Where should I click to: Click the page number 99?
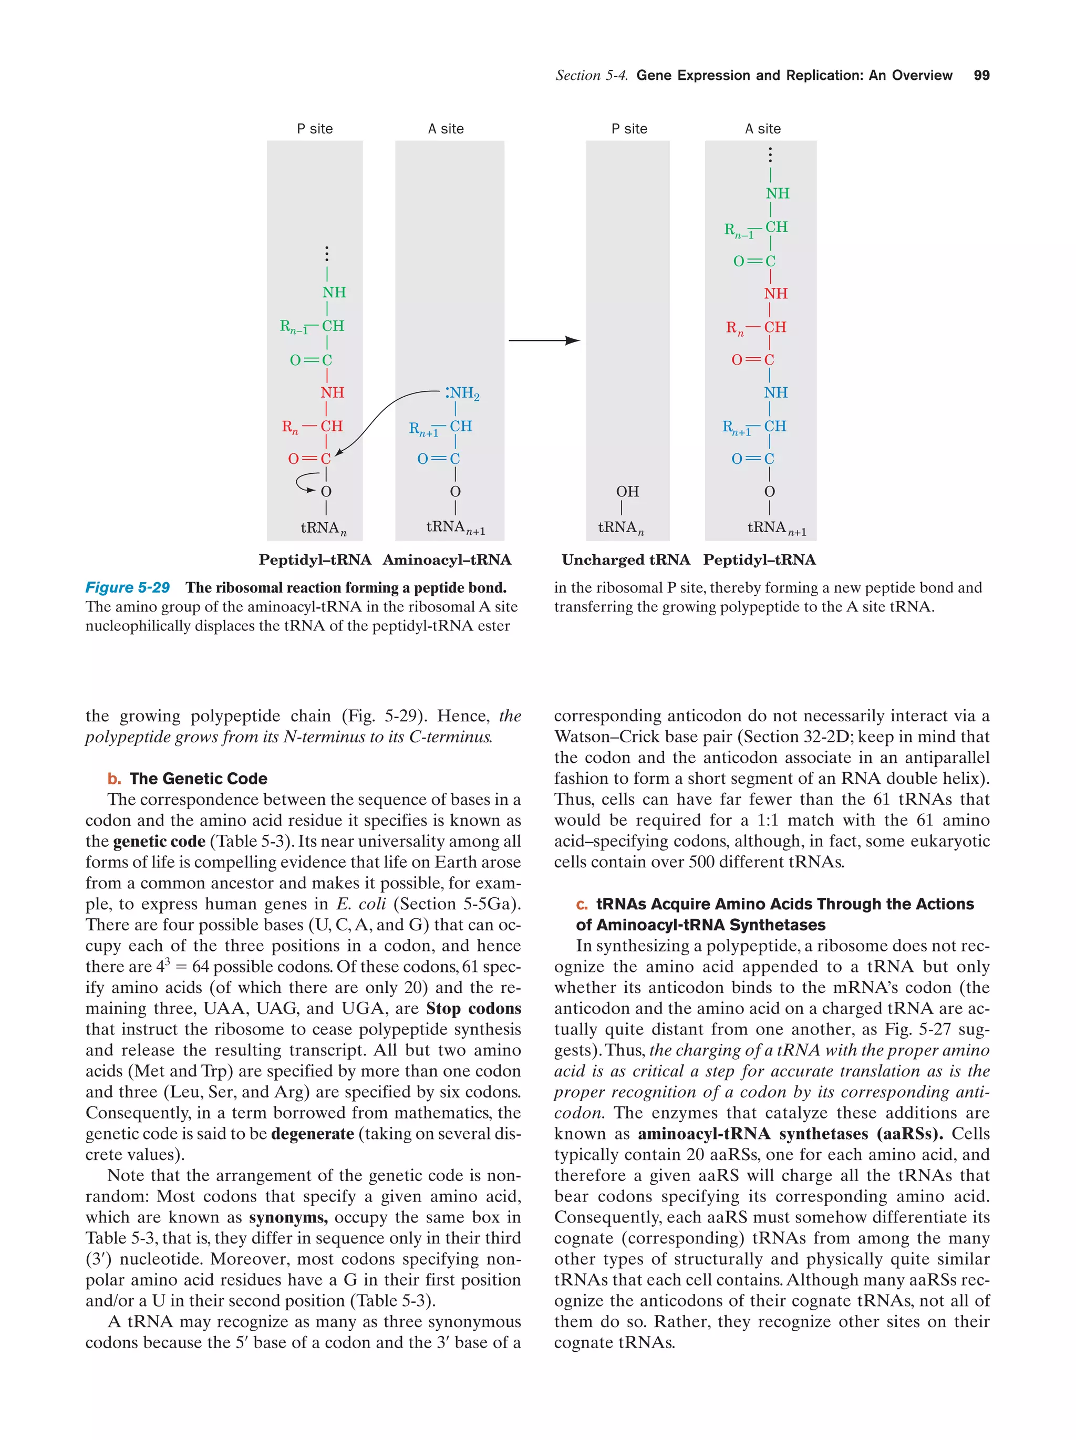[x=981, y=76]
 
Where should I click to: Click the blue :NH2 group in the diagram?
[x=462, y=393]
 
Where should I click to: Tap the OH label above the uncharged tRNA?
[x=627, y=492]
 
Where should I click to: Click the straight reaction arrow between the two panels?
[x=544, y=340]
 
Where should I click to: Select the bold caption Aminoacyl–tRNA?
[x=447, y=560]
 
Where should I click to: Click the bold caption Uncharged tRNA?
[x=626, y=560]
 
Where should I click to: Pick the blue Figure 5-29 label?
[x=128, y=587]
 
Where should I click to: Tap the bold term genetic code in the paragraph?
[x=159, y=841]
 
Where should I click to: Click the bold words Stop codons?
[x=473, y=1008]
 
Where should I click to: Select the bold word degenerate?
[x=313, y=1133]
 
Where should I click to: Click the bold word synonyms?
[x=288, y=1217]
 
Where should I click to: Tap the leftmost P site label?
[x=314, y=129]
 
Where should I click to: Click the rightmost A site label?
[x=762, y=129]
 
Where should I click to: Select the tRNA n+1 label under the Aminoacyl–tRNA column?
[x=455, y=527]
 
